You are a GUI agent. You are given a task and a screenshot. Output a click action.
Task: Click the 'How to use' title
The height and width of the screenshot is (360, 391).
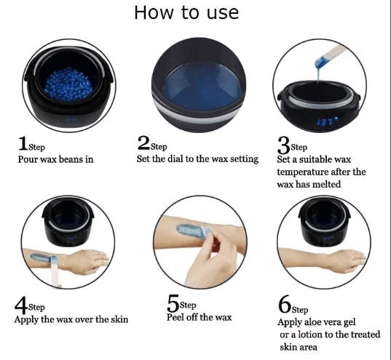pyautogui.click(x=186, y=12)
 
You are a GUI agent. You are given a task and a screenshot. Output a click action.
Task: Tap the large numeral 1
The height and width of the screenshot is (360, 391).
pyautogui.click(x=23, y=143)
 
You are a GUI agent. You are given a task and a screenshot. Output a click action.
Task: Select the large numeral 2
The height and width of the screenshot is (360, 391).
pyautogui.click(x=143, y=143)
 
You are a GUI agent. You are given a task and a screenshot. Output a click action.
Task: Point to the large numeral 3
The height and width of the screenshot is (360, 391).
pyautogui.click(x=283, y=145)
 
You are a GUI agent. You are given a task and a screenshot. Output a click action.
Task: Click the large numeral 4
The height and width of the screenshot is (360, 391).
pyautogui.click(x=21, y=305)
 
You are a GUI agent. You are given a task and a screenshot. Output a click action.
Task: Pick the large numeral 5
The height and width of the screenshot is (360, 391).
pyautogui.click(x=173, y=303)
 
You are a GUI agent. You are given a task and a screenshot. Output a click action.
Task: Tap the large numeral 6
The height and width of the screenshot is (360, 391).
pyautogui.click(x=285, y=304)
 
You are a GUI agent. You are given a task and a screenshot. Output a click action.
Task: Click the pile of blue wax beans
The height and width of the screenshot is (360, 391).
pyautogui.click(x=68, y=84)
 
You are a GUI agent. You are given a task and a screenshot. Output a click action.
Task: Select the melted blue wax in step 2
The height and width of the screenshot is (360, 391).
pyautogui.click(x=202, y=86)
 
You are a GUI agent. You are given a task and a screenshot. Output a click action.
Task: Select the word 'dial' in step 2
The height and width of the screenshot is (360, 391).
pyautogui.click(x=175, y=159)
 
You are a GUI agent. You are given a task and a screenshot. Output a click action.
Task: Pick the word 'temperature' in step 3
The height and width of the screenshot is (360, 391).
pyautogui.click(x=302, y=172)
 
